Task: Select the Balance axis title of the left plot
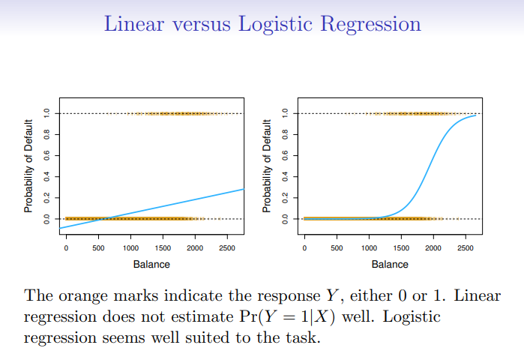[151, 264]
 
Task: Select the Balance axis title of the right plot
[390, 264]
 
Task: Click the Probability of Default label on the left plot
[28, 166]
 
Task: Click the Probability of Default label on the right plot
[267, 166]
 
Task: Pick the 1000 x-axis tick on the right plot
[369, 247]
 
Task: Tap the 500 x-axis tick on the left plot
[98, 247]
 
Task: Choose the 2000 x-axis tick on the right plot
[433, 247]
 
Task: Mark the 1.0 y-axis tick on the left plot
[46, 113]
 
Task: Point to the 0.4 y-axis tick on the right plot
[285, 176]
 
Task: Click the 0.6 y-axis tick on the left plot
[46, 155]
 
